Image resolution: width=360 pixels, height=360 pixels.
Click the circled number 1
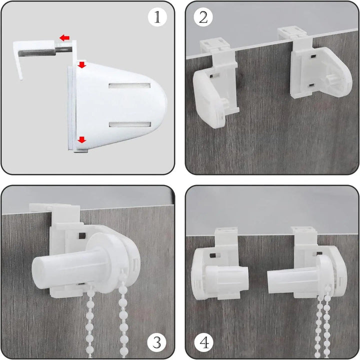click(x=157, y=17)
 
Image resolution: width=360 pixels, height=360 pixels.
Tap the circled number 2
click(x=203, y=17)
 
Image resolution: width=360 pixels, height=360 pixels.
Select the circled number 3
click(x=156, y=343)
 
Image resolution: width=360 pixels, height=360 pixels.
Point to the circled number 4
click(x=204, y=343)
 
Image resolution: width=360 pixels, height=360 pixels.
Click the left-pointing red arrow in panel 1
click(x=64, y=38)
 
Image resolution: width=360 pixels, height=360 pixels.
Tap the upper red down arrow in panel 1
click(x=81, y=64)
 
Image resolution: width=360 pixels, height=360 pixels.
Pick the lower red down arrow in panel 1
click(x=81, y=139)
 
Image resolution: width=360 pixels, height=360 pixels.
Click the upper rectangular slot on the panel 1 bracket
click(x=129, y=86)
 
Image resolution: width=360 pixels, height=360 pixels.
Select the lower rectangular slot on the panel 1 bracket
click(x=130, y=124)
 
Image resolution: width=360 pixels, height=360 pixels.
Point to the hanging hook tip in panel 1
click(x=21, y=78)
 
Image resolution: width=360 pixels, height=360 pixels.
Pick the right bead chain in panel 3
click(x=123, y=314)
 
